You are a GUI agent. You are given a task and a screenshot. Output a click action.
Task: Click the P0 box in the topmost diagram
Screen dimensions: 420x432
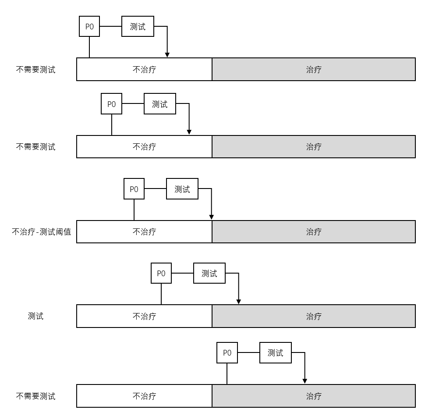(x=89, y=26)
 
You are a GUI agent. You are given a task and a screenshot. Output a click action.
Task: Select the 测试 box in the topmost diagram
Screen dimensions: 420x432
(x=138, y=26)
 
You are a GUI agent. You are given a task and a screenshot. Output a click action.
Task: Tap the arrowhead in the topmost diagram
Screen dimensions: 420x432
(x=167, y=54)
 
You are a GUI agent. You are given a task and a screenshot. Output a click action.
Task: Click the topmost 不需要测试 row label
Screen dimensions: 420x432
(x=36, y=69)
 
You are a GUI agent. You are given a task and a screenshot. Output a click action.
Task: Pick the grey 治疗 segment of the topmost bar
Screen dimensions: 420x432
(x=314, y=69)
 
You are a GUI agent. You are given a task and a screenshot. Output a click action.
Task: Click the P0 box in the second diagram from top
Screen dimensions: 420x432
(x=112, y=104)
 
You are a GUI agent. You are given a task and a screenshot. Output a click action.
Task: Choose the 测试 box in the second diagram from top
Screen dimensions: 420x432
(x=160, y=104)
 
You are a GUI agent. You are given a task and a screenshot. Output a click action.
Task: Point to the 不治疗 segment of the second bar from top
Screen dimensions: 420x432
(x=144, y=146)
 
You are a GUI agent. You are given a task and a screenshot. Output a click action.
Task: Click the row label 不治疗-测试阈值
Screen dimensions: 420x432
(x=41, y=231)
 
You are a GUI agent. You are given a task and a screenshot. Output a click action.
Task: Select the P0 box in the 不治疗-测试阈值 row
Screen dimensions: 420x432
(x=134, y=189)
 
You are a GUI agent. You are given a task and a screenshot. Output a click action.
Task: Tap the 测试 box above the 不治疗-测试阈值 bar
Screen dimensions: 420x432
(x=182, y=189)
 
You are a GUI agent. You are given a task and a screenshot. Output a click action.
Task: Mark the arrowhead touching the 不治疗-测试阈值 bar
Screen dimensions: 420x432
(x=212, y=217)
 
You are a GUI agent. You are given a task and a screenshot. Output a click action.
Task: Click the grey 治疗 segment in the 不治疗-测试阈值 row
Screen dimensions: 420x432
(x=314, y=231)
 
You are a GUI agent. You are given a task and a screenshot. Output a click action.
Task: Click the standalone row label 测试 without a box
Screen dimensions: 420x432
(x=36, y=316)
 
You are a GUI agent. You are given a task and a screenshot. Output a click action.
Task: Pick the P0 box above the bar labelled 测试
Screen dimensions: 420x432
(x=161, y=274)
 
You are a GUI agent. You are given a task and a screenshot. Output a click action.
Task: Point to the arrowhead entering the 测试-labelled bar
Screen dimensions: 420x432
(x=239, y=301)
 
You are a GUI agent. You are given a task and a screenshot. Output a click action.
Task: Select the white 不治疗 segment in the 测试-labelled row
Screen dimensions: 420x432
(x=144, y=316)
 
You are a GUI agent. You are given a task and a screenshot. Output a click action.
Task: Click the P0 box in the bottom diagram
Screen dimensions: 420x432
(x=227, y=352)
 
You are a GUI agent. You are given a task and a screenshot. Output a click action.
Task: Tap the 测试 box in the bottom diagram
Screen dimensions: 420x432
(x=275, y=352)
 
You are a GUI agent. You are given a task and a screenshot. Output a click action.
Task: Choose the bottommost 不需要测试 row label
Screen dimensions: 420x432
(x=36, y=396)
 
